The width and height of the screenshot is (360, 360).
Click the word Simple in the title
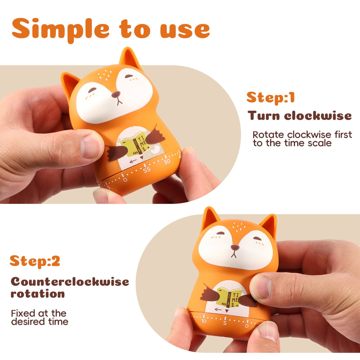click(60, 30)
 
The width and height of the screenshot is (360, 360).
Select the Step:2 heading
click(35, 262)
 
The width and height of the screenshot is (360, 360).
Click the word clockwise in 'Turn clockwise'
click(318, 115)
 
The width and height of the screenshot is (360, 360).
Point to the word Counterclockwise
click(70, 282)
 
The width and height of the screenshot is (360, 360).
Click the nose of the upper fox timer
click(116, 94)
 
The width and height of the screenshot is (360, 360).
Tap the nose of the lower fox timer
click(235, 247)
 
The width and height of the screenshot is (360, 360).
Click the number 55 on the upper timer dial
click(147, 170)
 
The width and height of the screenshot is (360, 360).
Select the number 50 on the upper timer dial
click(167, 161)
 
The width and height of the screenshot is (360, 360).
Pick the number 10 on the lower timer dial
click(204, 321)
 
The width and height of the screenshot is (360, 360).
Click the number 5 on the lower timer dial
click(225, 323)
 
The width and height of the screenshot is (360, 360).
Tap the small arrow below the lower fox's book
click(218, 309)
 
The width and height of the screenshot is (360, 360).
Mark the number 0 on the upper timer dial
click(125, 180)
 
